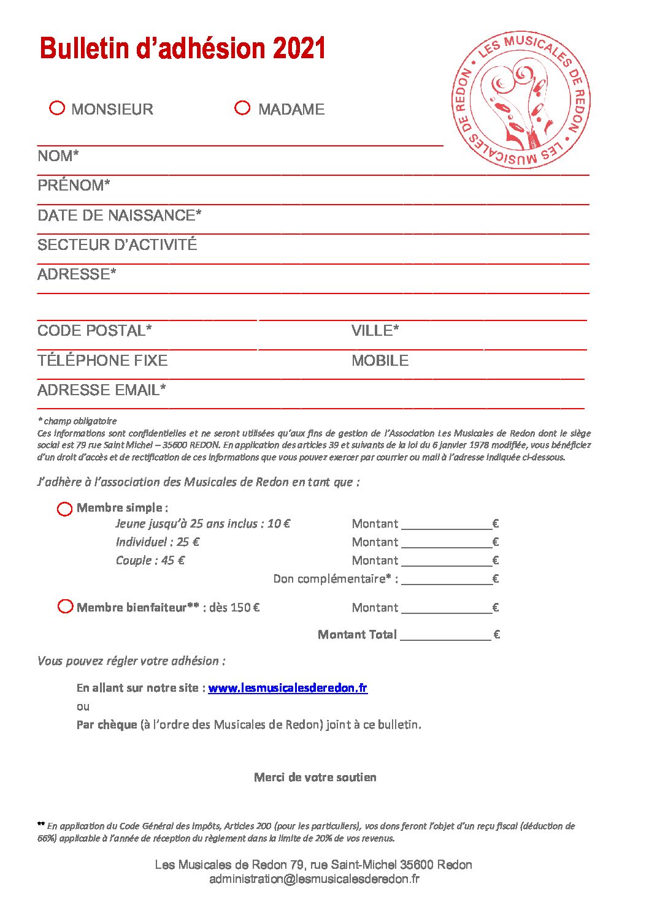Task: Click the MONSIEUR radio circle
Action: (57, 108)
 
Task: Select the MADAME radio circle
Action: (243, 108)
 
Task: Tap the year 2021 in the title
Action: (299, 49)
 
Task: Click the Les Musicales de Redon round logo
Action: (521, 100)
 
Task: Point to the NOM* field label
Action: (58, 156)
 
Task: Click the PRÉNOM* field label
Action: (74, 186)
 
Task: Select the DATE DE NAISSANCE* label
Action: (120, 216)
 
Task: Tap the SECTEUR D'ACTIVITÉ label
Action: (117, 245)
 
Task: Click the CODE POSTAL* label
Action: (94, 331)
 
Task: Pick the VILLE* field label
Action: (375, 331)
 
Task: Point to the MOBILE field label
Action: (380, 360)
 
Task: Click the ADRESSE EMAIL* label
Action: (102, 390)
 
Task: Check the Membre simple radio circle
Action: (65, 509)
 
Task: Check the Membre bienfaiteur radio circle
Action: (65, 607)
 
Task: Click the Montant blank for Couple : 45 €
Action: (447, 560)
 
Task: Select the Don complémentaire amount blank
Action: (447, 578)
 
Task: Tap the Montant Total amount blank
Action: (445, 634)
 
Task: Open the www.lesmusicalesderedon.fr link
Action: (288, 687)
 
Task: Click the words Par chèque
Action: (107, 724)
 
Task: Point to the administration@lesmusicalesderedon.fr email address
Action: (314, 879)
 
